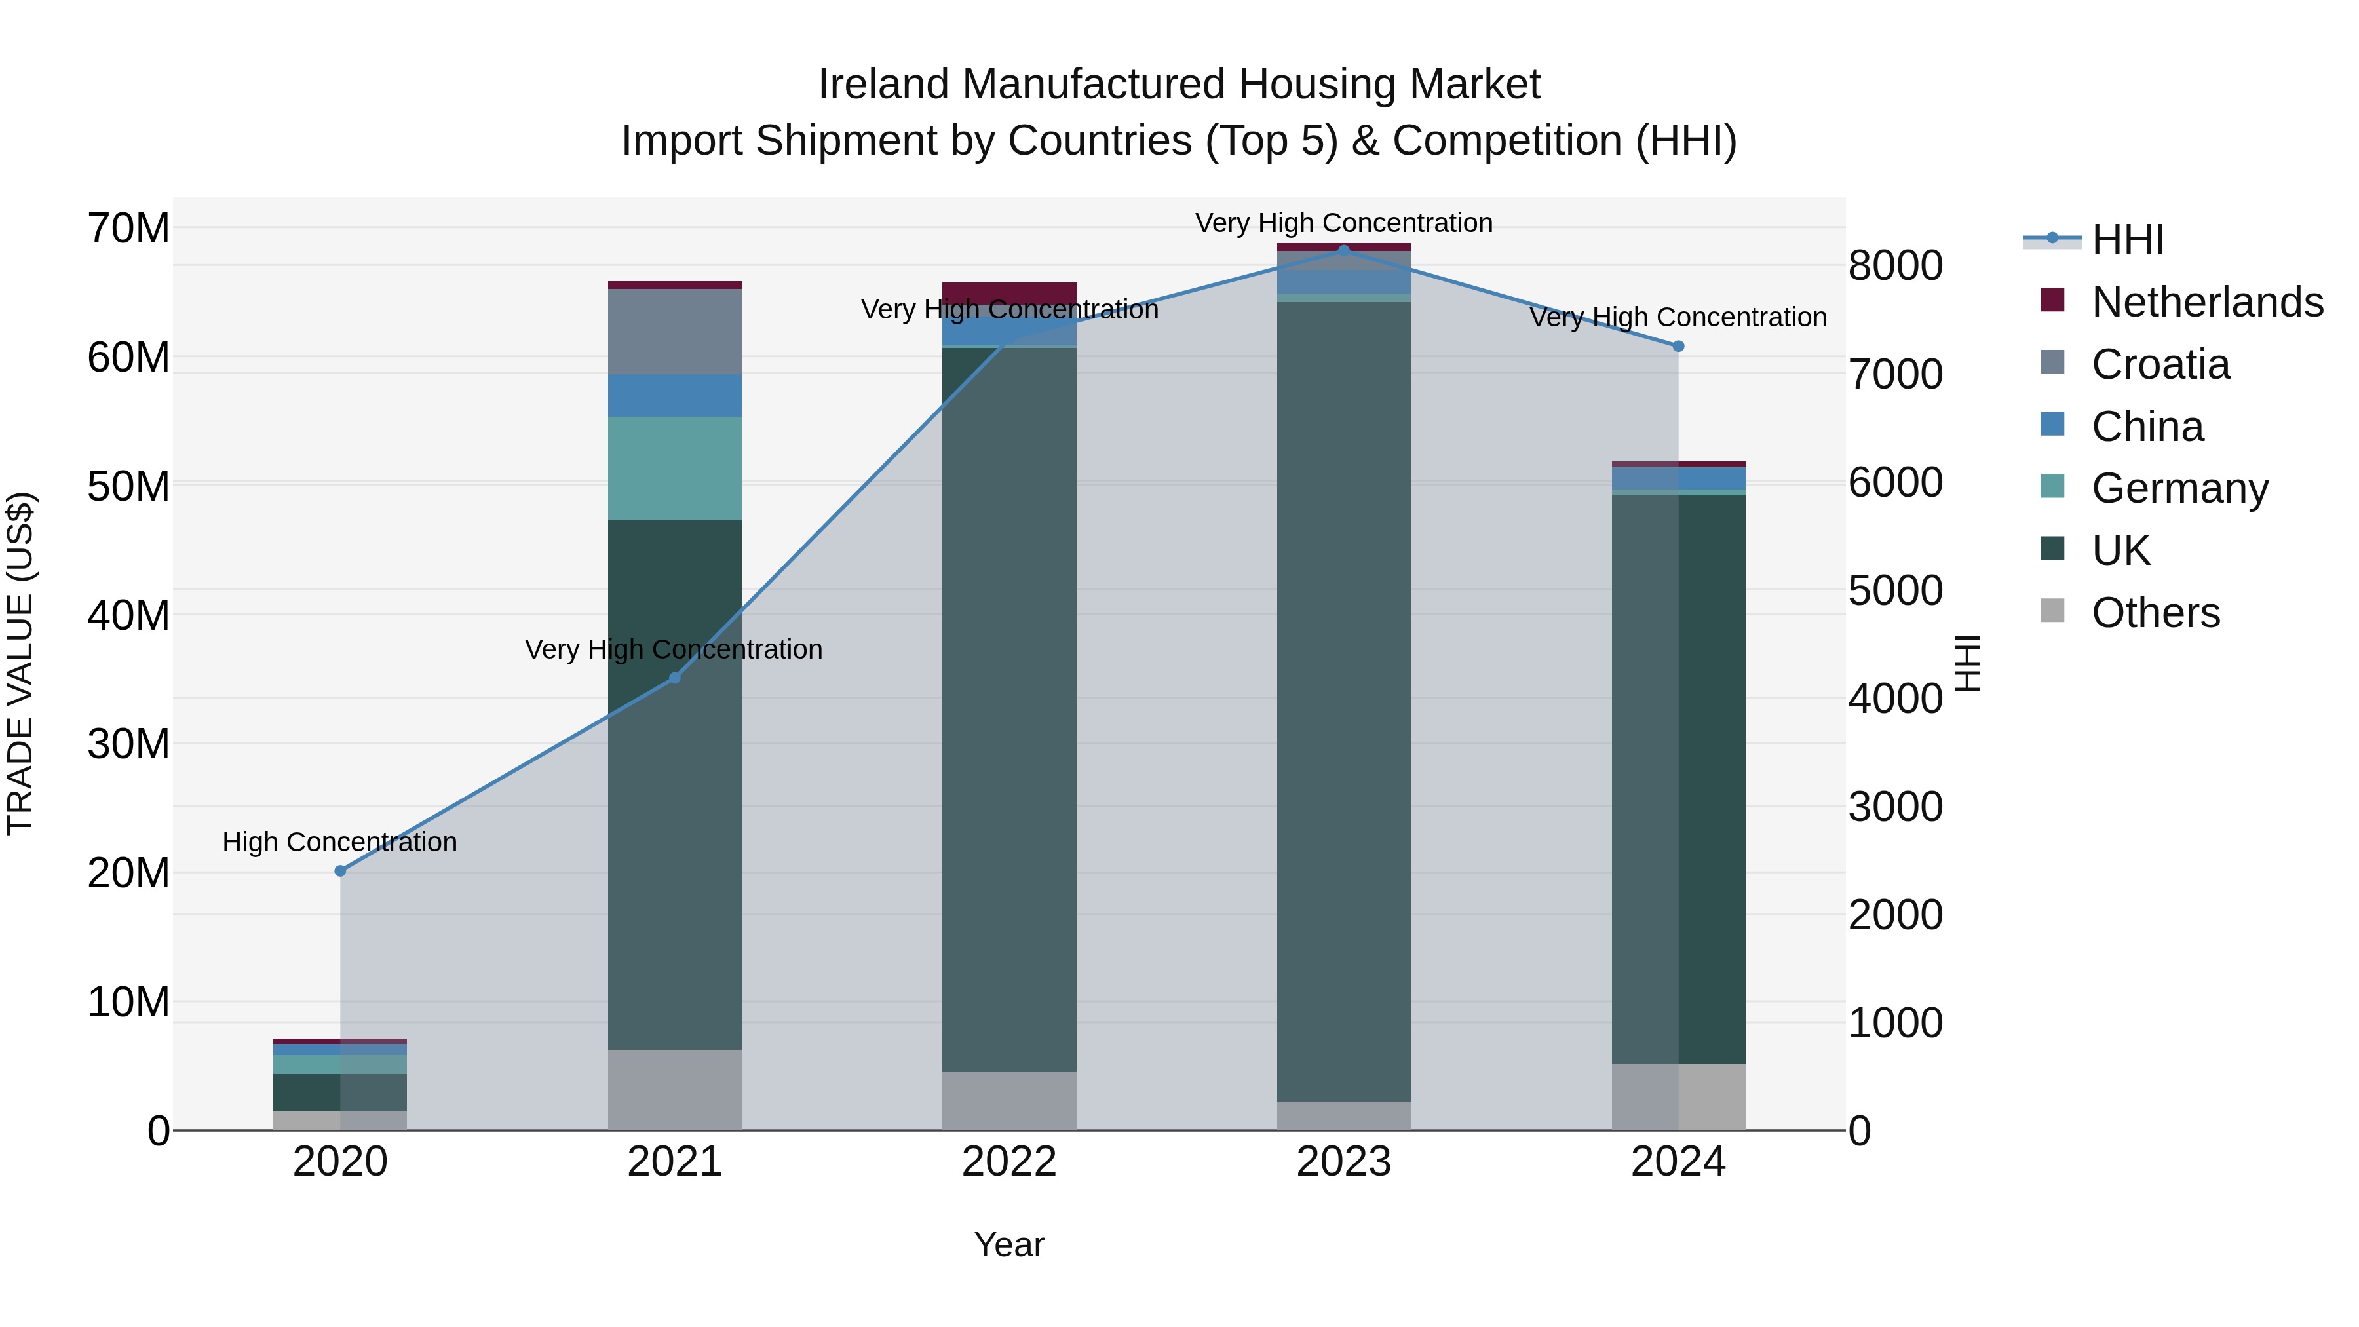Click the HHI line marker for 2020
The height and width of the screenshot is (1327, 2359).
click(x=339, y=871)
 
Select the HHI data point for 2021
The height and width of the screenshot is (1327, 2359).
click(x=675, y=678)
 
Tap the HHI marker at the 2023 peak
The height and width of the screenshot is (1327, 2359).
click(x=1343, y=250)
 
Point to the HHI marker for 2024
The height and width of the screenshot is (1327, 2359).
click(x=1678, y=346)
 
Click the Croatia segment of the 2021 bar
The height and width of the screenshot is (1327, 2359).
click(x=675, y=332)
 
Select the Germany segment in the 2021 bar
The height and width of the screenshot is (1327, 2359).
click(x=675, y=469)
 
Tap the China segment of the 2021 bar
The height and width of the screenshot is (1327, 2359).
click(x=675, y=396)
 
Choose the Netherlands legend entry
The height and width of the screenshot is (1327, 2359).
click(x=2206, y=302)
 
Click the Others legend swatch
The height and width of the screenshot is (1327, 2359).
click(x=2052, y=611)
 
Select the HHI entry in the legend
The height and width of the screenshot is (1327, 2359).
click(x=2127, y=240)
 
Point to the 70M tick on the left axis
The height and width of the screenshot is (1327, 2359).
click(x=128, y=228)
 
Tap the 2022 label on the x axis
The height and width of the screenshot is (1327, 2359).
click(x=1009, y=1162)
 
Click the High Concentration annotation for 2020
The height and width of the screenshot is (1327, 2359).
click(x=339, y=841)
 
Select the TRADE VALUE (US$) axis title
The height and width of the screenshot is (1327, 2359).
click(x=20, y=663)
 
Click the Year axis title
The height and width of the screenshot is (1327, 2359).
click(x=1009, y=1244)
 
